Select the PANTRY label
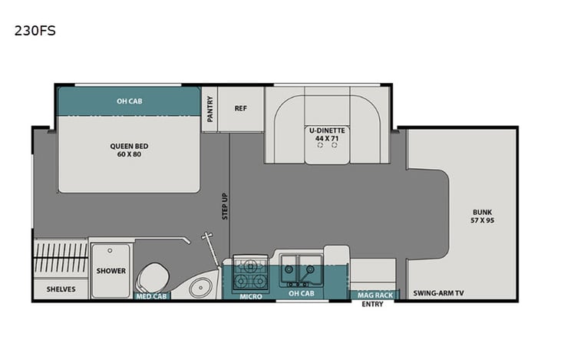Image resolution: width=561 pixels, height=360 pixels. pyautogui.click(x=210, y=109)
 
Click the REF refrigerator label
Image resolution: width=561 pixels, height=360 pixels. pyautogui.click(x=239, y=108)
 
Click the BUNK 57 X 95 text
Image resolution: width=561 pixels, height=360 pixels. pyautogui.click(x=483, y=216)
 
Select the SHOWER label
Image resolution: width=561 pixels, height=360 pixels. pyautogui.click(x=111, y=271)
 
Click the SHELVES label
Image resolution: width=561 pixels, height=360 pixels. pyautogui.click(x=61, y=289)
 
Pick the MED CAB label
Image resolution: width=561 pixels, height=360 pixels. pyautogui.click(x=150, y=296)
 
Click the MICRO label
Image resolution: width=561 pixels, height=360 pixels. pyautogui.click(x=250, y=296)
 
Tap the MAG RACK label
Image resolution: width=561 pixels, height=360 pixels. pyautogui.click(x=375, y=295)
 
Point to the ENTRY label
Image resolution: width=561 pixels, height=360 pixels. pyautogui.click(x=374, y=304)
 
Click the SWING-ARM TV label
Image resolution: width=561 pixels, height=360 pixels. pyautogui.click(x=438, y=293)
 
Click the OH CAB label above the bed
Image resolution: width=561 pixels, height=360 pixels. pyautogui.click(x=129, y=101)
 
